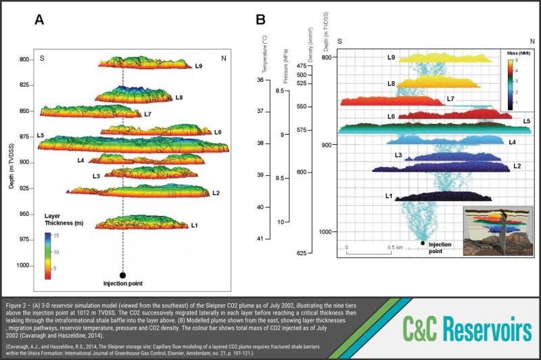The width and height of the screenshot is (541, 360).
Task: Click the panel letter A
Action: [x=40, y=20]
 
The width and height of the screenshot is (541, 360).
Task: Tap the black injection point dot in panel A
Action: [x=122, y=275]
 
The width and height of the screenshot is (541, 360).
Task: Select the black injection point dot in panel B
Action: [x=423, y=242]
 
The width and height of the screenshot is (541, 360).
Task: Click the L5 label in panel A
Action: [x=40, y=136]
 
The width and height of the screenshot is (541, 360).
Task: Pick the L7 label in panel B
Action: [x=451, y=99]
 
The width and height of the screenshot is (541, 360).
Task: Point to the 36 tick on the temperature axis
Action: [x=260, y=81]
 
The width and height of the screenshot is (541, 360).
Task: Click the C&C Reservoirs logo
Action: [x=463, y=329]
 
